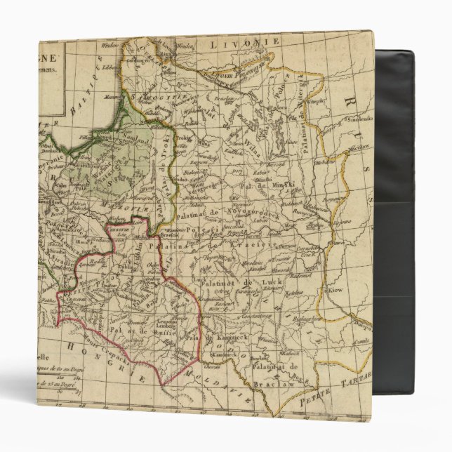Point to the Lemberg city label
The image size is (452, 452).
[163, 312]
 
